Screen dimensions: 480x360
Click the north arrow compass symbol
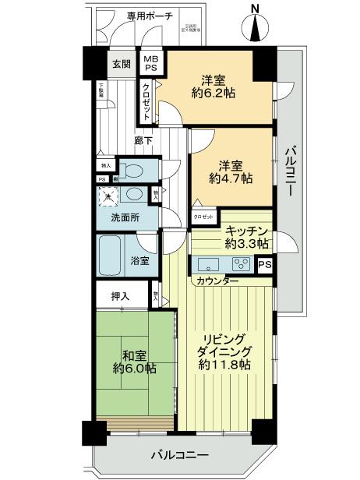(x=256, y=23)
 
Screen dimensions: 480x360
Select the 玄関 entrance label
(x=121, y=64)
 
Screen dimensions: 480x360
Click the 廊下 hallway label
(x=142, y=141)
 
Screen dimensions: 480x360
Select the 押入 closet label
(x=120, y=297)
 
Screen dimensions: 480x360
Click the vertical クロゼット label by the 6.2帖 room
(x=146, y=101)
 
